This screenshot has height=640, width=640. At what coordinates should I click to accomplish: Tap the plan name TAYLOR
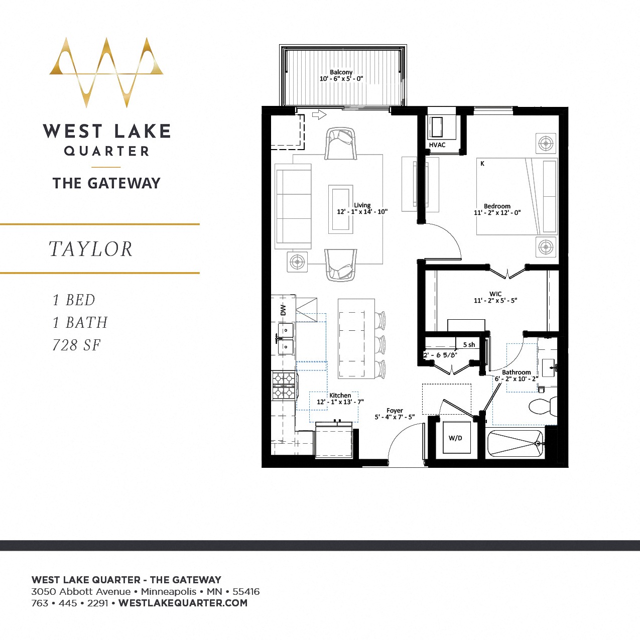[91, 249]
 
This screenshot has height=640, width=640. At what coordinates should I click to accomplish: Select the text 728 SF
[77, 345]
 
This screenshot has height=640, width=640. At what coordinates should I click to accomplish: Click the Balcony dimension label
[341, 76]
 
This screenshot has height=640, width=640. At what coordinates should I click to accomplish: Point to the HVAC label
[437, 145]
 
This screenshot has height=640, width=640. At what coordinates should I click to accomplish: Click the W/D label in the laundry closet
[455, 438]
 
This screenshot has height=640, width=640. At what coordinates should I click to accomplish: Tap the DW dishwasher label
[283, 310]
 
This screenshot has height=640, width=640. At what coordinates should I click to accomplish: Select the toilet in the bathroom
[542, 406]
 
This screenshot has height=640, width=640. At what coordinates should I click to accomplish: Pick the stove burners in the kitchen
[284, 385]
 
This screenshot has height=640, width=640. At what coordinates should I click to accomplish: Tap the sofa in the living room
[293, 206]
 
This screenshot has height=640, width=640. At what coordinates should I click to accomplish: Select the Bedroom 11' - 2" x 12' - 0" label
[497, 209]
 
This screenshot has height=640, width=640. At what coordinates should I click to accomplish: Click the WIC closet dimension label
[495, 297]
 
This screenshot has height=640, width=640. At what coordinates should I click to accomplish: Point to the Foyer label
[395, 414]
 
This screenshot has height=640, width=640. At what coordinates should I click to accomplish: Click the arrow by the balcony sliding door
[319, 115]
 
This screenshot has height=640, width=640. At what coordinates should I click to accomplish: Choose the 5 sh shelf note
[469, 345]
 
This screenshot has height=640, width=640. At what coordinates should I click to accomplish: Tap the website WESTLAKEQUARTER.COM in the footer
[183, 603]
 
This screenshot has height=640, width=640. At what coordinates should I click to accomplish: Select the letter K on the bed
[482, 164]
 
